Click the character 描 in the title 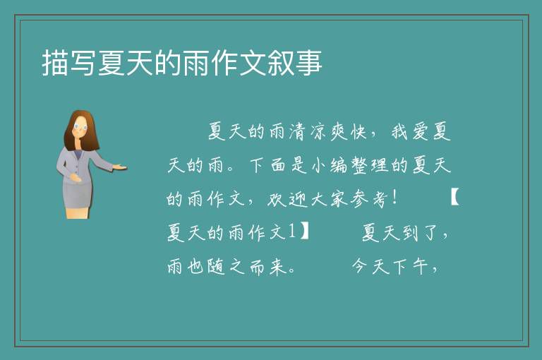point(55,63)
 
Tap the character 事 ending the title point(309,63)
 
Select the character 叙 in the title point(281,63)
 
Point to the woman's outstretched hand point(119,167)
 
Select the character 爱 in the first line point(420,131)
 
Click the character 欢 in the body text point(276,199)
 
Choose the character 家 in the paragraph point(339,199)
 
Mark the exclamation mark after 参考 point(395,198)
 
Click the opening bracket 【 point(455,198)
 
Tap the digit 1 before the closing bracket point(291,231)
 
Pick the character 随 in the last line point(217,267)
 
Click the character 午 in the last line point(420,267)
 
